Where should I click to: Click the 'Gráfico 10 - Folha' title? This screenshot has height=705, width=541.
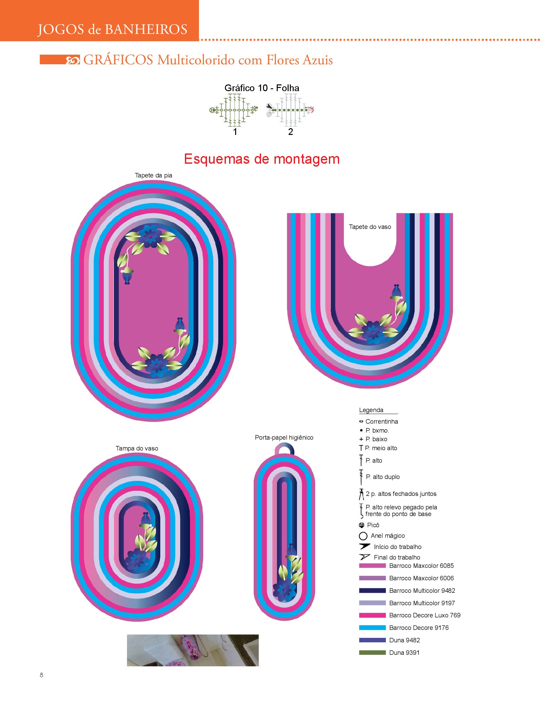[261, 88]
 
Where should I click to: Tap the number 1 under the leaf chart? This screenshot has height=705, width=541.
[235, 132]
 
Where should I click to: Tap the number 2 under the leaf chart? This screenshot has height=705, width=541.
[290, 132]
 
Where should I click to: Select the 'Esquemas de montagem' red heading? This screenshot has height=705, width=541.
[261, 159]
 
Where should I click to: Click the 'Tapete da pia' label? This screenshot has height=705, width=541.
[153, 175]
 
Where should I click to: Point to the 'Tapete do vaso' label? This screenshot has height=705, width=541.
[370, 227]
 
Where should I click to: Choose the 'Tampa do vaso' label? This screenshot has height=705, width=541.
[137, 448]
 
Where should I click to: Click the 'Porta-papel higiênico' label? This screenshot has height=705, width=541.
[284, 437]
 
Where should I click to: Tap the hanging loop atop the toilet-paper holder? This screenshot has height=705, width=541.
[284, 448]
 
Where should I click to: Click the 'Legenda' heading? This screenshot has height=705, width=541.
[371, 410]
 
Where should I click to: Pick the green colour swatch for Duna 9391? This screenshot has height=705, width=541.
[372, 653]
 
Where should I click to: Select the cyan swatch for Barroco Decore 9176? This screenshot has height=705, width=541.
[372, 627]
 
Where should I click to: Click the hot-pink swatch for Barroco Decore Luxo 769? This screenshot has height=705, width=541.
[372, 615]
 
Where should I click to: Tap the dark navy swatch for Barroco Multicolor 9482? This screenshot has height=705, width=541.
[372, 591]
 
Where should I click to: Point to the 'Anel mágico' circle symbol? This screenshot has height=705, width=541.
[363, 536]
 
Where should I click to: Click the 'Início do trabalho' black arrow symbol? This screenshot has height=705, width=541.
[364, 546]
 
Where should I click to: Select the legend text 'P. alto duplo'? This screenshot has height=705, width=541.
[383, 477]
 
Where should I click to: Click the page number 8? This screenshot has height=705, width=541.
[41, 675]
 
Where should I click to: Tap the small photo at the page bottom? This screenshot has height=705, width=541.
[193, 650]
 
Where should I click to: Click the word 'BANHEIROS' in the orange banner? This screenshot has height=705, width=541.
[146, 30]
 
